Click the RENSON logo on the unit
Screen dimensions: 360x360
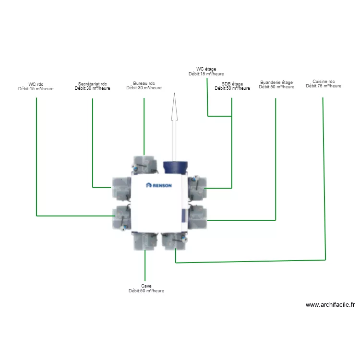click(x=159, y=185)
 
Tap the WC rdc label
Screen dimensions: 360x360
click(x=36, y=84)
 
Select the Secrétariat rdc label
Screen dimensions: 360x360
click(x=92, y=84)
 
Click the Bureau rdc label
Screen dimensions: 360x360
click(x=144, y=84)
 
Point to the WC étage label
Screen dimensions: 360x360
click(x=206, y=69)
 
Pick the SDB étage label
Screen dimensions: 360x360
click(x=232, y=84)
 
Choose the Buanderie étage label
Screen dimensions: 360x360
click(x=276, y=82)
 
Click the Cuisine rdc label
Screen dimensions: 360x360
click(x=324, y=81)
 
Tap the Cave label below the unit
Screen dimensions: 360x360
click(x=146, y=286)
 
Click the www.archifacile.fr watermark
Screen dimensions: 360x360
click(x=330, y=305)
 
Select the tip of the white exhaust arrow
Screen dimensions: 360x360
click(x=175, y=93)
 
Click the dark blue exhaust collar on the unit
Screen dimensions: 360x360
click(x=175, y=167)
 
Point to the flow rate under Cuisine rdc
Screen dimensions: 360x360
click(x=324, y=86)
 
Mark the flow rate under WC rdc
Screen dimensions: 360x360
click(x=36, y=89)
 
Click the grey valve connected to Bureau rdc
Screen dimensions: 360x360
click(x=144, y=165)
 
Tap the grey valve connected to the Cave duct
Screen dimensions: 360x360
click(x=145, y=241)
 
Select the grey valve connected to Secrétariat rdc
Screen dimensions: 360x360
click(x=121, y=189)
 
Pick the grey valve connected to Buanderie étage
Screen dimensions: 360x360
click(x=197, y=217)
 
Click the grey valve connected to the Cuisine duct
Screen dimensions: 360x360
click(x=174, y=241)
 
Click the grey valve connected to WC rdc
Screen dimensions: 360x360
click(x=121, y=217)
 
